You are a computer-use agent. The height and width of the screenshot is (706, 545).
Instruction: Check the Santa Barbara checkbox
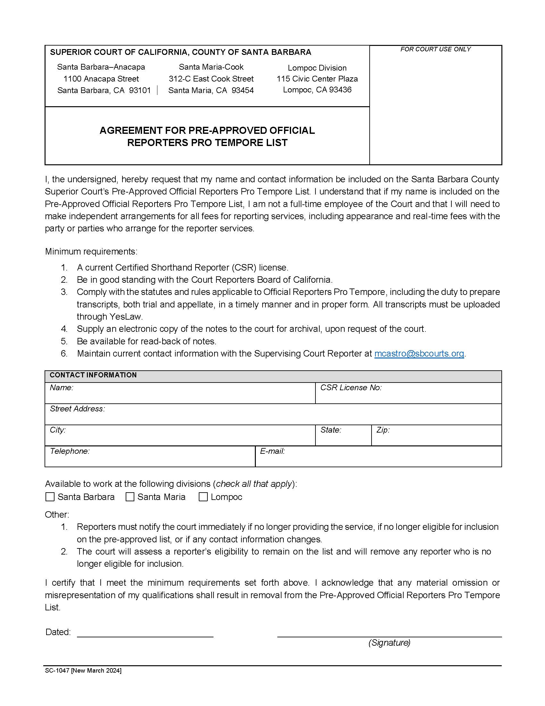(50, 497)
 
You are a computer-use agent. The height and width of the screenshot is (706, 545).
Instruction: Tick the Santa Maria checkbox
(130, 497)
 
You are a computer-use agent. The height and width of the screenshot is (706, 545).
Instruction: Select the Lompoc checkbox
(203, 497)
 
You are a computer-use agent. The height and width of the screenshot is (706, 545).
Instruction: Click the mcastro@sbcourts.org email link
(419, 354)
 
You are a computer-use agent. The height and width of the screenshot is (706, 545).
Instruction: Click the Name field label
(62, 388)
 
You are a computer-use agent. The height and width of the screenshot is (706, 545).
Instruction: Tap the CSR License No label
(351, 388)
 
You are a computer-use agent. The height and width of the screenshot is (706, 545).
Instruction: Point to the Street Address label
(78, 409)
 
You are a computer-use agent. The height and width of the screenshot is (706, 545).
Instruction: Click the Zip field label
(383, 430)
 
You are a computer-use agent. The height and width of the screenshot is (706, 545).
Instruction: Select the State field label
(331, 430)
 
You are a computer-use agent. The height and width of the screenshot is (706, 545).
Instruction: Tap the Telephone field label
(70, 451)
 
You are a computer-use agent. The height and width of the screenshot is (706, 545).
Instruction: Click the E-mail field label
(272, 451)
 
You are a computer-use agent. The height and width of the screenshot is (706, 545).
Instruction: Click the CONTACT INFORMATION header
(93, 375)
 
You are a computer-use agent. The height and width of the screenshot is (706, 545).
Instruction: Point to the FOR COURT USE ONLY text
(436, 49)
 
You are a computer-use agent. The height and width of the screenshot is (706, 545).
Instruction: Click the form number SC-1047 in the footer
(57, 670)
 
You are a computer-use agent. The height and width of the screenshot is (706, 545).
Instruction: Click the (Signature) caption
(390, 643)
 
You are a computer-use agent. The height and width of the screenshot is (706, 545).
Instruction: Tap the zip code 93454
(242, 90)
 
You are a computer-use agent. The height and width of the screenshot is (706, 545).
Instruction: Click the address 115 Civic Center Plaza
(317, 79)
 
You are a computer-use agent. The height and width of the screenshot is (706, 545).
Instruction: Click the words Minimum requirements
(91, 252)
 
